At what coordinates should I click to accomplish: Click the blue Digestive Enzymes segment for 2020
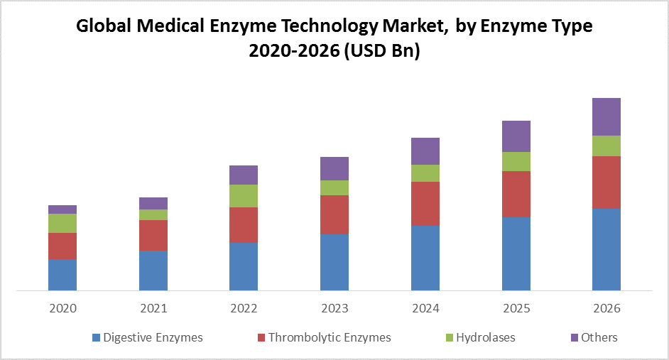62,275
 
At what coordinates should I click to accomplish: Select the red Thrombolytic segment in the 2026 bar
607,182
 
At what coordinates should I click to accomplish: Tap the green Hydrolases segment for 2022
244,196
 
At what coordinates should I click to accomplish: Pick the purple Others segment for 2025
516,136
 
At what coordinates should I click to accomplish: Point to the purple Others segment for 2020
62,209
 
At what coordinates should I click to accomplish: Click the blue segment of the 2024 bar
425,258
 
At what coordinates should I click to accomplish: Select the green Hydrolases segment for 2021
153,214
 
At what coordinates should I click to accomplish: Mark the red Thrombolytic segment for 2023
334,214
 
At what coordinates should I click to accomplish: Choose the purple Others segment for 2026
607,116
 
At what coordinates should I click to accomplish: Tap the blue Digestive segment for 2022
244,266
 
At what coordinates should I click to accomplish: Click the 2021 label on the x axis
153,309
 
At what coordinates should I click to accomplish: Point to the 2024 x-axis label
425,309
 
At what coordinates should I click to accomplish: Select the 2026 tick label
607,309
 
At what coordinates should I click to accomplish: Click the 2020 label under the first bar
62,309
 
